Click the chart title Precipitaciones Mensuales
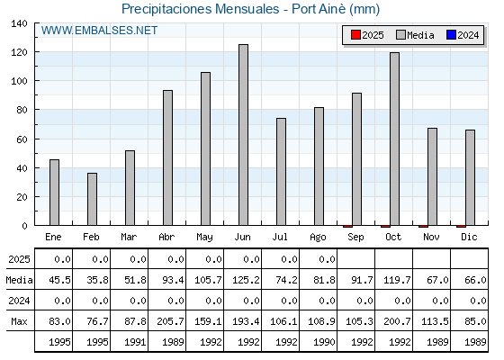point(200,9)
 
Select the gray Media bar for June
point(243,135)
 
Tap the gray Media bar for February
point(92,199)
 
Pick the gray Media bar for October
point(395,139)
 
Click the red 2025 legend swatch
point(355,35)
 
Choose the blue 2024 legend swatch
point(451,35)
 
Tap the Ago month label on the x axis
point(318,238)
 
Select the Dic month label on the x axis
point(469,237)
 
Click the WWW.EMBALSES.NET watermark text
point(99,31)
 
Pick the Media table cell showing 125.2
point(246,280)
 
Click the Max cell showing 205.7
point(170,321)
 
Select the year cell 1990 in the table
point(324,342)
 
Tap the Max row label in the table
point(19,321)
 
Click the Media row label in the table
point(19,280)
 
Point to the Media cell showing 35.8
point(97,280)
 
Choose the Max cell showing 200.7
point(397,321)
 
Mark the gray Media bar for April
point(167,157)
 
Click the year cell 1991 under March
point(135,342)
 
